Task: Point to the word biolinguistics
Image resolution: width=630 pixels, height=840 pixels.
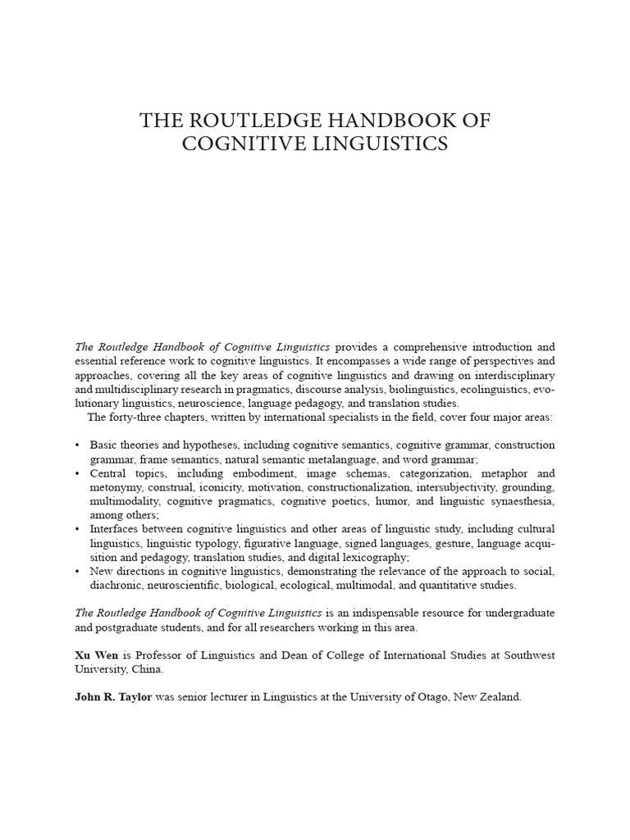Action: [390, 389]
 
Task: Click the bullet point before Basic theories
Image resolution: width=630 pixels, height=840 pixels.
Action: [76, 445]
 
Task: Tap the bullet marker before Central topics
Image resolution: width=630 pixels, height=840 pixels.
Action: [76, 474]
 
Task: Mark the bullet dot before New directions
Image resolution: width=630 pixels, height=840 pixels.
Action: [76, 572]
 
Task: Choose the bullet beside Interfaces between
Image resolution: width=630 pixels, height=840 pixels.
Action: [76, 529]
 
